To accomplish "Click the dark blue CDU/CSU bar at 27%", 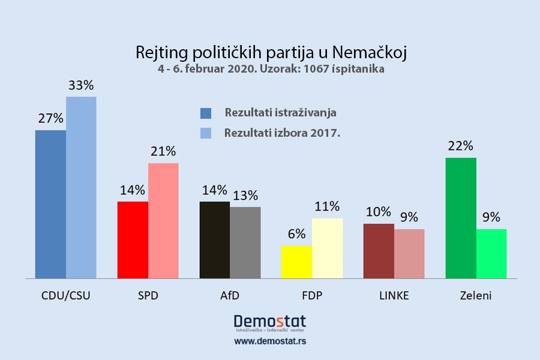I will (x=50, y=204).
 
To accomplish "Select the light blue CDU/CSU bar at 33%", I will (x=81, y=187).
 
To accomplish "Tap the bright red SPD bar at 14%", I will (x=133, y=240).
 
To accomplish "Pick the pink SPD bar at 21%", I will (x=163, y=221).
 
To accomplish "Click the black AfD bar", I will (x=214, y=240).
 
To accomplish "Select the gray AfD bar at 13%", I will (x=245, y=242).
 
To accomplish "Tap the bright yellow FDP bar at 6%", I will (x=296, y=262).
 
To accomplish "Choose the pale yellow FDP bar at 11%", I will (x=327, y=248).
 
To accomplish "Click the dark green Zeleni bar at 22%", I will (x=461, y=218).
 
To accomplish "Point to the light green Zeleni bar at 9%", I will (x=491, y=254).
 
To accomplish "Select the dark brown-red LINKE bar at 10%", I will (x=379, y=251).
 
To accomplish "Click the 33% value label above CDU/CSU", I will (x=81, y=85).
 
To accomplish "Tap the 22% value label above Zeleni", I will (x=461, y=146).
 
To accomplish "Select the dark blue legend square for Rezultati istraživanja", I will (x=206, y=113).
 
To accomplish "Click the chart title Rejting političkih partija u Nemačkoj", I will (x=271, y=52).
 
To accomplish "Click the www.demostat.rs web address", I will (x=269, y=341).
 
